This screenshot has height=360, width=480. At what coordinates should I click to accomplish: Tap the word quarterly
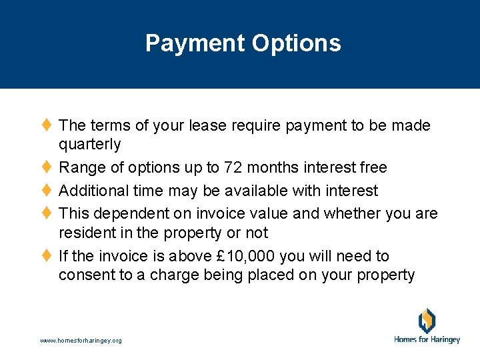(x=90, y=145)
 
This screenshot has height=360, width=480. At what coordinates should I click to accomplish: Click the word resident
(x=85, y=233)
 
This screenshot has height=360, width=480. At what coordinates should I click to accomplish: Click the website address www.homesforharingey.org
(x=81, y=341)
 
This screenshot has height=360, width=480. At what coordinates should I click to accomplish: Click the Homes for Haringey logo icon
(x=427, y=321)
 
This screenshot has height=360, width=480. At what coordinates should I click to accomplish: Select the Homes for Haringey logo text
(x=427, y=340)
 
